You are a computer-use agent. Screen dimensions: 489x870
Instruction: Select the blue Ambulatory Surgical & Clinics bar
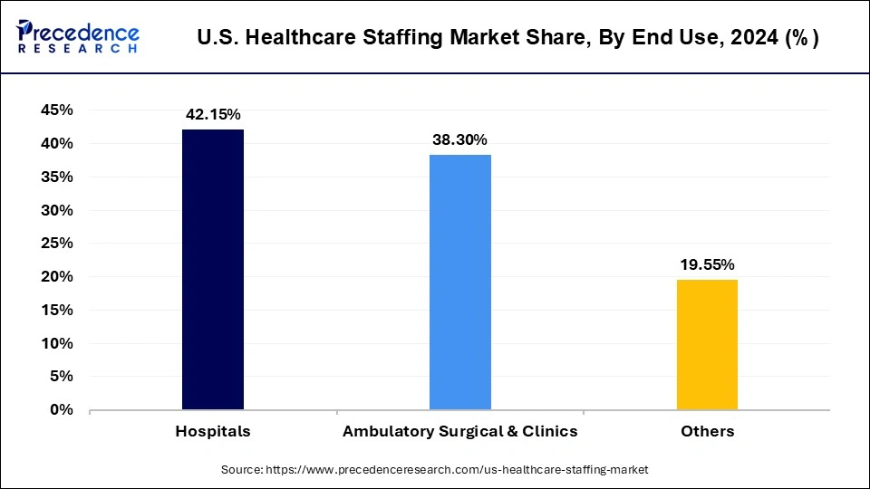coord(460,282)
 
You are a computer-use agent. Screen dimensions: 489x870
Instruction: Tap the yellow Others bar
coord(708,344)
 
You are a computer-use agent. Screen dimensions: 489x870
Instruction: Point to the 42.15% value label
coord(214,114)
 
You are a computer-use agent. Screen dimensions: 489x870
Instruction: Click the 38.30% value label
coord(460,139)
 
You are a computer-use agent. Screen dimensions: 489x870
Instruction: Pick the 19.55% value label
coord(708,264)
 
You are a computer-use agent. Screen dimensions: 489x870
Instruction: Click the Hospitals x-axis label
coord(213,431)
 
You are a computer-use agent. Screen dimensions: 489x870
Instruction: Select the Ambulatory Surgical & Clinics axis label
coord(459,431)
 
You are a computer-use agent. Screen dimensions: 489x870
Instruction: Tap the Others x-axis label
coord(708,431)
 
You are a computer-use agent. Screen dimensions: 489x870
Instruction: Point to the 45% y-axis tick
coord(56,110)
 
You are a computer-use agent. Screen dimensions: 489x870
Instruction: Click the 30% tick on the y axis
coord(56,210)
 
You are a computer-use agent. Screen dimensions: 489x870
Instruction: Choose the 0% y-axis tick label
coord(61,410)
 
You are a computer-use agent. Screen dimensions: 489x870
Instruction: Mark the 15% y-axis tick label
coord(56,310)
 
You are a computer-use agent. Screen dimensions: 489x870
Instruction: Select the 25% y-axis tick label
coord(56,244)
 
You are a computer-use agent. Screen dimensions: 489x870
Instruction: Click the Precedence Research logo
coord(78,37)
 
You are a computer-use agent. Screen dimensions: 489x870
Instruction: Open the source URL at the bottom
coord(457,470)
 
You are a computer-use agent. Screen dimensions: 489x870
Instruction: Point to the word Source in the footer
coord(241,470)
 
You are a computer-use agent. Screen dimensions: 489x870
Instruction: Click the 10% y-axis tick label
coord(56,343)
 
